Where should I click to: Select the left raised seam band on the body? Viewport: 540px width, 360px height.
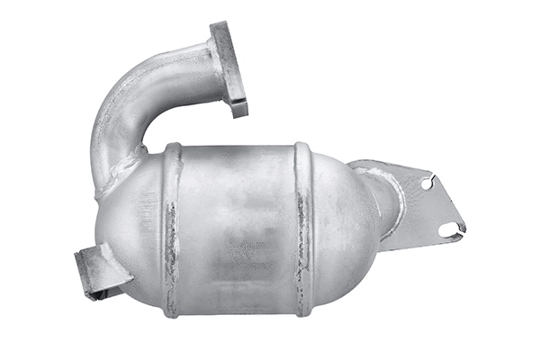pyautogui.click(x=171, y=229)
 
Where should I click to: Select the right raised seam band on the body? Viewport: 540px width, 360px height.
pyautogui.click(x=303, y=229)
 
